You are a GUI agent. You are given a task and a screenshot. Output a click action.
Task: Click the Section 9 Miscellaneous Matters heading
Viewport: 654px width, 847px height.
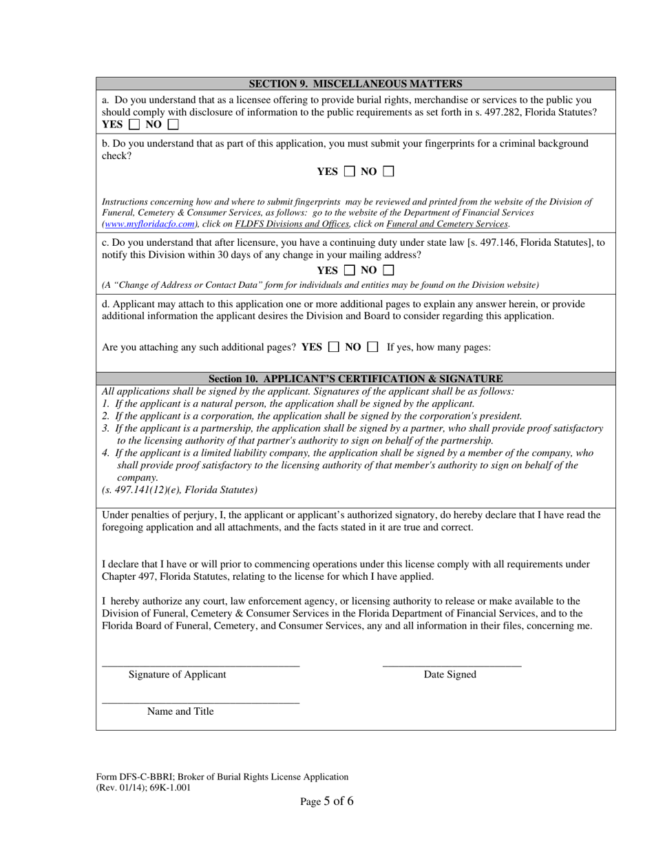point(355,84)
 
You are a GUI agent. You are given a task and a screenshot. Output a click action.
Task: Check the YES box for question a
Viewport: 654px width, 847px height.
point(134,125)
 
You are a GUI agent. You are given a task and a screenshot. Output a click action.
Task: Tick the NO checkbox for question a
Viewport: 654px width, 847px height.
point(173,125)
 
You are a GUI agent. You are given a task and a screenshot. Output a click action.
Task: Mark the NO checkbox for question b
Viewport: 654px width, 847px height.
point(388,171)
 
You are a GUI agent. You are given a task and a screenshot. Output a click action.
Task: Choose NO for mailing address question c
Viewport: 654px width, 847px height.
point(388,270)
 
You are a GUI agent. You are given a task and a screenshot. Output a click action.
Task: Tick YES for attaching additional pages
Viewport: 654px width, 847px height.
point(333,347)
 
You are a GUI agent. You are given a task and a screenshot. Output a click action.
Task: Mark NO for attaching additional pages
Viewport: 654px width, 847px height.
point(372,347)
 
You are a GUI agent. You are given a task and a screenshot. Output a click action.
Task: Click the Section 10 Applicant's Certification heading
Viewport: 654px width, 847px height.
point(355,379)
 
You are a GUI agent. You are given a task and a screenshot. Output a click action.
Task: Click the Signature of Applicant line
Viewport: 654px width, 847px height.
point(200,664)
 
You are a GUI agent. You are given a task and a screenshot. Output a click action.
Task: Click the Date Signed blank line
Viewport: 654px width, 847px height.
point(452,664)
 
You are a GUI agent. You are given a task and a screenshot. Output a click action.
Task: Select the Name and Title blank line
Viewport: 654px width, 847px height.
point(200,701)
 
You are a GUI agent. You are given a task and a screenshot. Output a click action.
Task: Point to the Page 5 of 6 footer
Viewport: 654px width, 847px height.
point(327,801)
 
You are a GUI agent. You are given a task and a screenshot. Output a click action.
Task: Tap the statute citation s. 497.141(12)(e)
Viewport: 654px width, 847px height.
point(180,490)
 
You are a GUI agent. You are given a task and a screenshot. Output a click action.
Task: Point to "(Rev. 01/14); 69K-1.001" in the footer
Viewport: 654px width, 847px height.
point(143,788)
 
